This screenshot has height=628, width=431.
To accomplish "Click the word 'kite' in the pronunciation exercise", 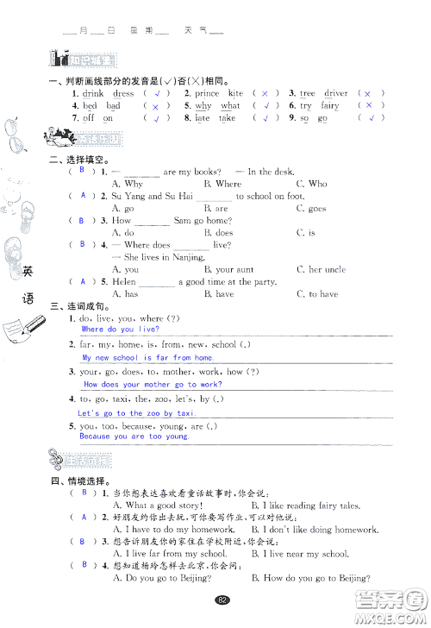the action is click(x=235, y=93).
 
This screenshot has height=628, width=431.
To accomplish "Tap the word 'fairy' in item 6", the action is click(x=330, y=105).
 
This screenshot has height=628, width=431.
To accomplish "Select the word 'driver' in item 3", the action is click(x=336, y=93).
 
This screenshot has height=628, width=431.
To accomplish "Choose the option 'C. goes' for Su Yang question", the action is click(x=311, y=209).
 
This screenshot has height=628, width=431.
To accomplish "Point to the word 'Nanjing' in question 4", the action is click(x=208, y=257).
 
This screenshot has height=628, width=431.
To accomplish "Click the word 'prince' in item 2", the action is click(x=207, y=93).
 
